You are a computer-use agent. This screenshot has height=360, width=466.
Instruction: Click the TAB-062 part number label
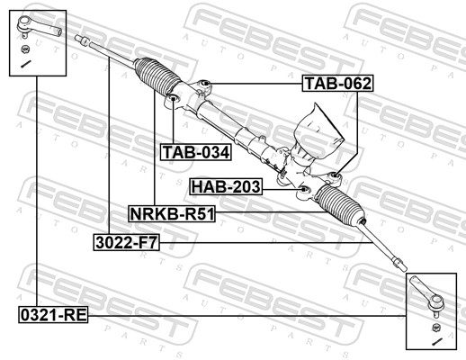point(336,84)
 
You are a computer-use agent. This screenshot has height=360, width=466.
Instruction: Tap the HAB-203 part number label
point(226,187)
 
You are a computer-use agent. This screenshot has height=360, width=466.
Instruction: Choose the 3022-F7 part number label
point(126,241)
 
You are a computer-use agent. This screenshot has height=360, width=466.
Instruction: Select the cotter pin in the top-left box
point(26,64)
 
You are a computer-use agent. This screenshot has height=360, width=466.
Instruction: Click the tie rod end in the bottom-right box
point(427,294)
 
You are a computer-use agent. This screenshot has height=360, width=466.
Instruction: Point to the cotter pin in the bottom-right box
point(436,340)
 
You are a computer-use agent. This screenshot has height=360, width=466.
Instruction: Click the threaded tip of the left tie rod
point(82,39)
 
